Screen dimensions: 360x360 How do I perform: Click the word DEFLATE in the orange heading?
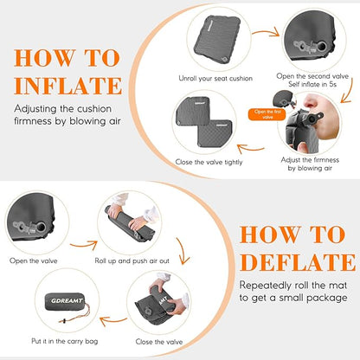[x=297, y=262]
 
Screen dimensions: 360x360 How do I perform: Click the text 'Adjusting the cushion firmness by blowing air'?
[x=67, y=115]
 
